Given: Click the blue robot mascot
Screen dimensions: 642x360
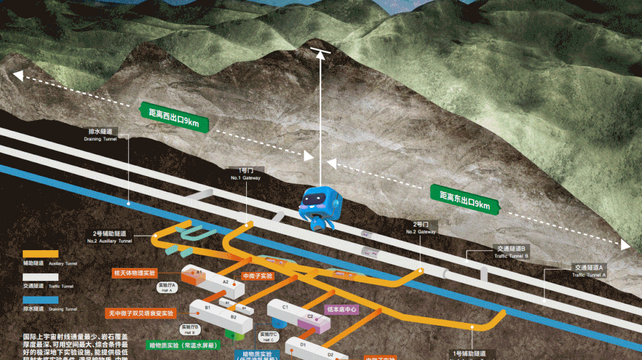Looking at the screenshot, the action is click(x=319, y=207).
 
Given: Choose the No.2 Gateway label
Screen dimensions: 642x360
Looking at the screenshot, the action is click(x=421, y=228).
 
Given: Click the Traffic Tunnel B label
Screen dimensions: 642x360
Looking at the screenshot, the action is click(x=509, y=251).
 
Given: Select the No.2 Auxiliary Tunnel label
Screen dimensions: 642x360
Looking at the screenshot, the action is click(x=114, y=237).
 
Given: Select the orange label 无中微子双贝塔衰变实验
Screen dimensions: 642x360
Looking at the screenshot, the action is click(x=140, y=312).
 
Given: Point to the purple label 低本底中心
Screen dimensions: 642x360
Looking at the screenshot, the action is click(x=342, y=309).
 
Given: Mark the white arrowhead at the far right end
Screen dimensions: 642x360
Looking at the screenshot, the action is click(x=624, y=245).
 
